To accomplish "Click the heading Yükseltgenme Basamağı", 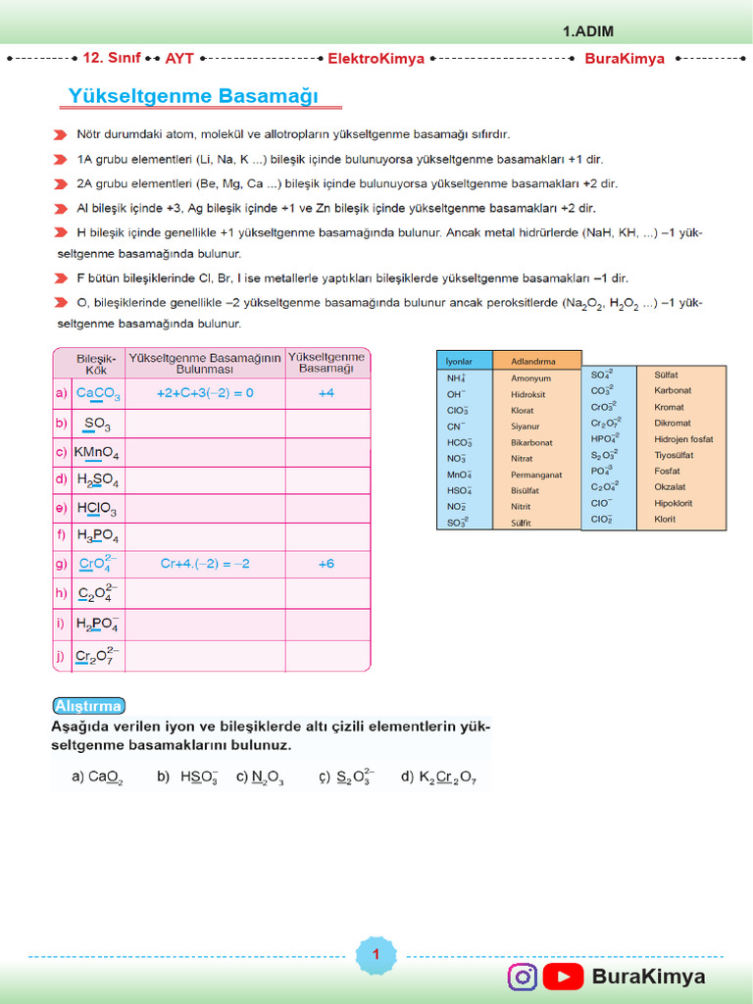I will pos(194,96).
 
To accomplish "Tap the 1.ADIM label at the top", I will pos(588,31).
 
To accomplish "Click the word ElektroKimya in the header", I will pos(376,59).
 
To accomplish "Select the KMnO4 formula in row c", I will pos(96,453).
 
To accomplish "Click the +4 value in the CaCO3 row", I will pos(326,393).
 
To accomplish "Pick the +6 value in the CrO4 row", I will pos(326,564).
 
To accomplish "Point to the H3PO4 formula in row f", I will pos(97,536).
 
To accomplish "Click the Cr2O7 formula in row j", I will pos(98,656).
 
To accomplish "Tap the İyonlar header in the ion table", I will pos(459,360).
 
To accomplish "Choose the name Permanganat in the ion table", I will pos(536,475).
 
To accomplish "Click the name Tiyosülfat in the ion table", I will pos(674,455).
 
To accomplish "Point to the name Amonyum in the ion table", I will pos(530,378).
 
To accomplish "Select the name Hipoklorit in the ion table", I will pos(673,503).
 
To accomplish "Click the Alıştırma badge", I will pos(88,706).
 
